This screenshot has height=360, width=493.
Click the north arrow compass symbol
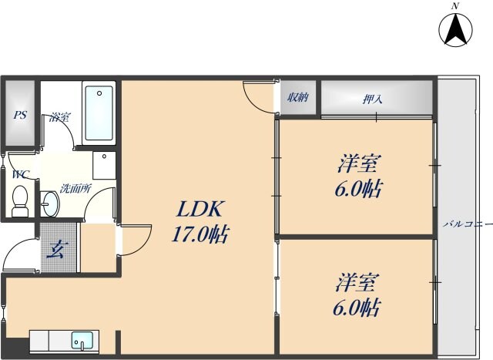point(454,32)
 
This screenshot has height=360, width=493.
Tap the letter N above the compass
point(455,6)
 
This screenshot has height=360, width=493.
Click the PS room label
point(20,116)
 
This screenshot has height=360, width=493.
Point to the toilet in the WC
point(20,199)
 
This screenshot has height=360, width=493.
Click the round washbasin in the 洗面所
point(49,204)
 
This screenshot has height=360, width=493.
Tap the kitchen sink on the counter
point(81,339)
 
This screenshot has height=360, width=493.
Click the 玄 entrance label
point(58,248)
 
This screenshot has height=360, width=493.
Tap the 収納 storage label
point(299,97)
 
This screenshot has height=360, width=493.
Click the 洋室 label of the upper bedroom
point(359,164)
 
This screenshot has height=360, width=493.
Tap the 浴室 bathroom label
point(60,117)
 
